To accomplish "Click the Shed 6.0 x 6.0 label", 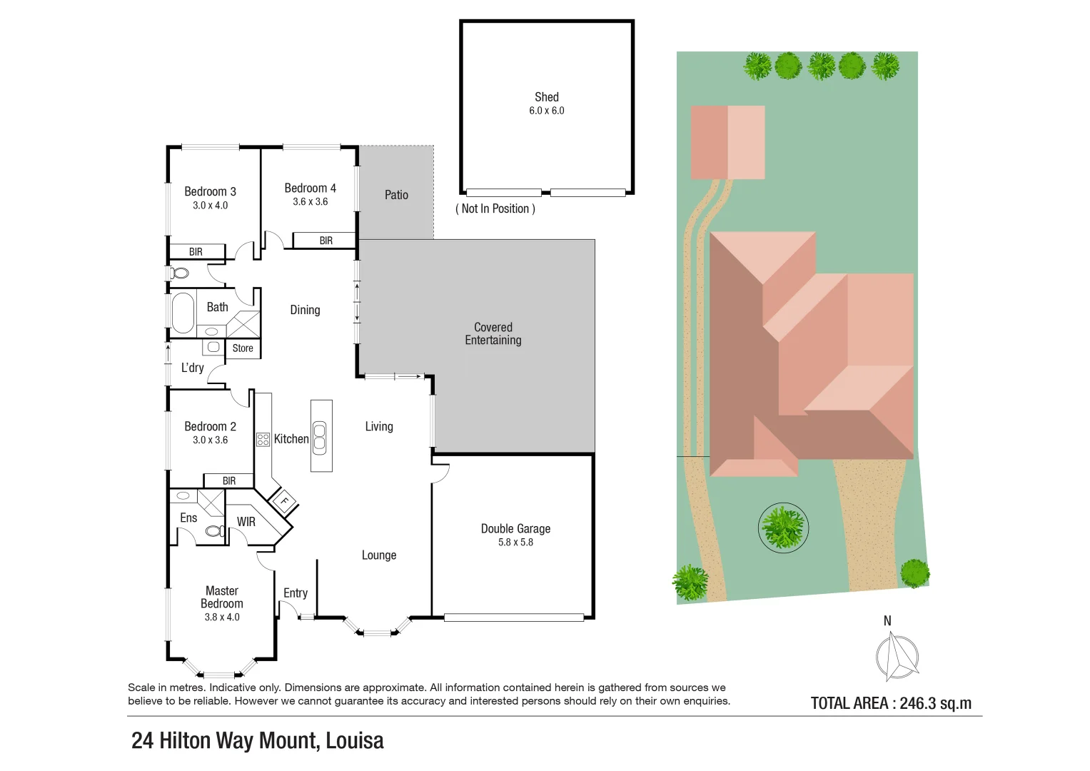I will [546, 103].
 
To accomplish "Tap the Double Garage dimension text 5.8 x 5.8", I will [515, 543].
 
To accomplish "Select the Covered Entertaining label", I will [493, 333].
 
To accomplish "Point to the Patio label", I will [396, 195].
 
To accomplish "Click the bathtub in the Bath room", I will [183, 313].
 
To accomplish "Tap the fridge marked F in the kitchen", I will [284, 501].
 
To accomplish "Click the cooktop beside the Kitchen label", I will [263, 439].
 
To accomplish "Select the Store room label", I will [243, 348].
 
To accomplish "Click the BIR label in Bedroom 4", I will [326, 241].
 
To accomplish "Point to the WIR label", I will [246, 522].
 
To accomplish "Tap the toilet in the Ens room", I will [213, 531].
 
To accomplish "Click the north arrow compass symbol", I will [897, 657].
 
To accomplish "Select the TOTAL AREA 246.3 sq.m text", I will [891, 703].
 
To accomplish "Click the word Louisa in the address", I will [355, 741].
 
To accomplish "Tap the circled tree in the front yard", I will [783, 527].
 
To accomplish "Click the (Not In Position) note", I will [495, 208].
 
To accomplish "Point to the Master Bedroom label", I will [222, 598].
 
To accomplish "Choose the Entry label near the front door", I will [296, 593].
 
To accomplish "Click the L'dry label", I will [192, 368].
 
